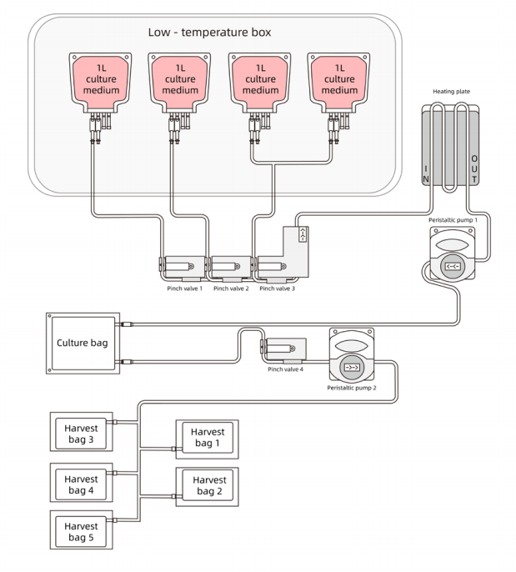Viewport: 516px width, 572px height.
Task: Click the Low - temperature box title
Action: (212, 33)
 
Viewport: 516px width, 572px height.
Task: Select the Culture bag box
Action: (79, 343)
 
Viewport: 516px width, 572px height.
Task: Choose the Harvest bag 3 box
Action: (81, 433)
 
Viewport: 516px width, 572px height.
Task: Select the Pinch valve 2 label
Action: (232, 289)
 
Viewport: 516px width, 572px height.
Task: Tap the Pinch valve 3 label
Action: (278, 289)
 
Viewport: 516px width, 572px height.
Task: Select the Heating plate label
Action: (451, 93)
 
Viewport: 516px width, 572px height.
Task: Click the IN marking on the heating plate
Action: (426, 173)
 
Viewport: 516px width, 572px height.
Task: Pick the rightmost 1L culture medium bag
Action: (339, 79)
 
